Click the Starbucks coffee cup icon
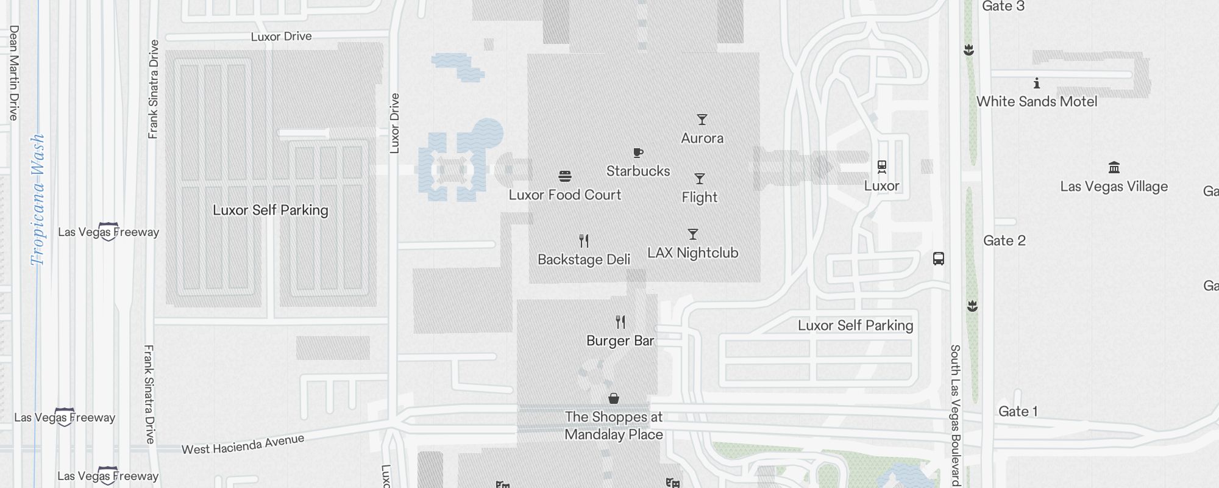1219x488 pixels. point(638,152)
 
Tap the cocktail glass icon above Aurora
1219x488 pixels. point(702,120)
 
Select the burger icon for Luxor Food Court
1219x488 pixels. point(565,176)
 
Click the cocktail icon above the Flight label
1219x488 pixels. point(700,179)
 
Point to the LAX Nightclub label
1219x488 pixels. point(693,253)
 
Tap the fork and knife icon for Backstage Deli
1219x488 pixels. point(584,241)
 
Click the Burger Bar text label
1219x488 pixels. point(620,340)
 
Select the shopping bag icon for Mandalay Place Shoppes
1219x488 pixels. point(614,398)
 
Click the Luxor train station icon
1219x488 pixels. point(881,167)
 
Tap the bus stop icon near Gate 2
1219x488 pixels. point(939,259)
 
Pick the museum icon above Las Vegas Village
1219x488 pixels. point(1114,167)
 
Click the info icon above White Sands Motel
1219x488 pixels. point(1037,83)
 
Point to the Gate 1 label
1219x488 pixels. point(1018,411)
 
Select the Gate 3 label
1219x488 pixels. point(1003,7)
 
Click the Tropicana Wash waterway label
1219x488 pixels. point(38,199)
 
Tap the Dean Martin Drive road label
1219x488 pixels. point(14,73)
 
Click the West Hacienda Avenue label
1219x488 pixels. point(243,444)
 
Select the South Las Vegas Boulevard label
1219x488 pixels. point(955,415)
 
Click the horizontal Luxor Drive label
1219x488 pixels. point(282,37)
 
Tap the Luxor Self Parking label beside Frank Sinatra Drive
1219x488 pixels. point(271,210)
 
